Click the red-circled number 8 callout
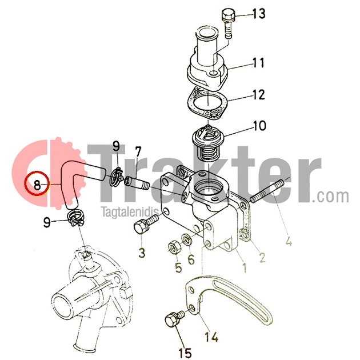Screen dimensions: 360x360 click(x=37, y=183)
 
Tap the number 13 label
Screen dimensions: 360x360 click(x=259, y=14)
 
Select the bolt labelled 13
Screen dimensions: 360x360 click(x=228, y=23)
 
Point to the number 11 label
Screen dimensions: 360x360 click(x=258, y=62)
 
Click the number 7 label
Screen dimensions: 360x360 click(x=138, y=152)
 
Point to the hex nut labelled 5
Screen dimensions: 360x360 click(x=175, y=247)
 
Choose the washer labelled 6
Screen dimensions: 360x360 click(x=187, y=240)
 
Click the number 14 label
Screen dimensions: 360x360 click(x=211, y=337)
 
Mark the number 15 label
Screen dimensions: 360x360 click(x=185, y=353)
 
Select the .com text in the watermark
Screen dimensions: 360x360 click(x=331, y=196)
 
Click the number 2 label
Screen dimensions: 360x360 click(x=262, y=257)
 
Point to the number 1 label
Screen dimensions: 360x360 click(x=245, y=267)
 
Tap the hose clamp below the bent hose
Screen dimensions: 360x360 click(x=76, y=218)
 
